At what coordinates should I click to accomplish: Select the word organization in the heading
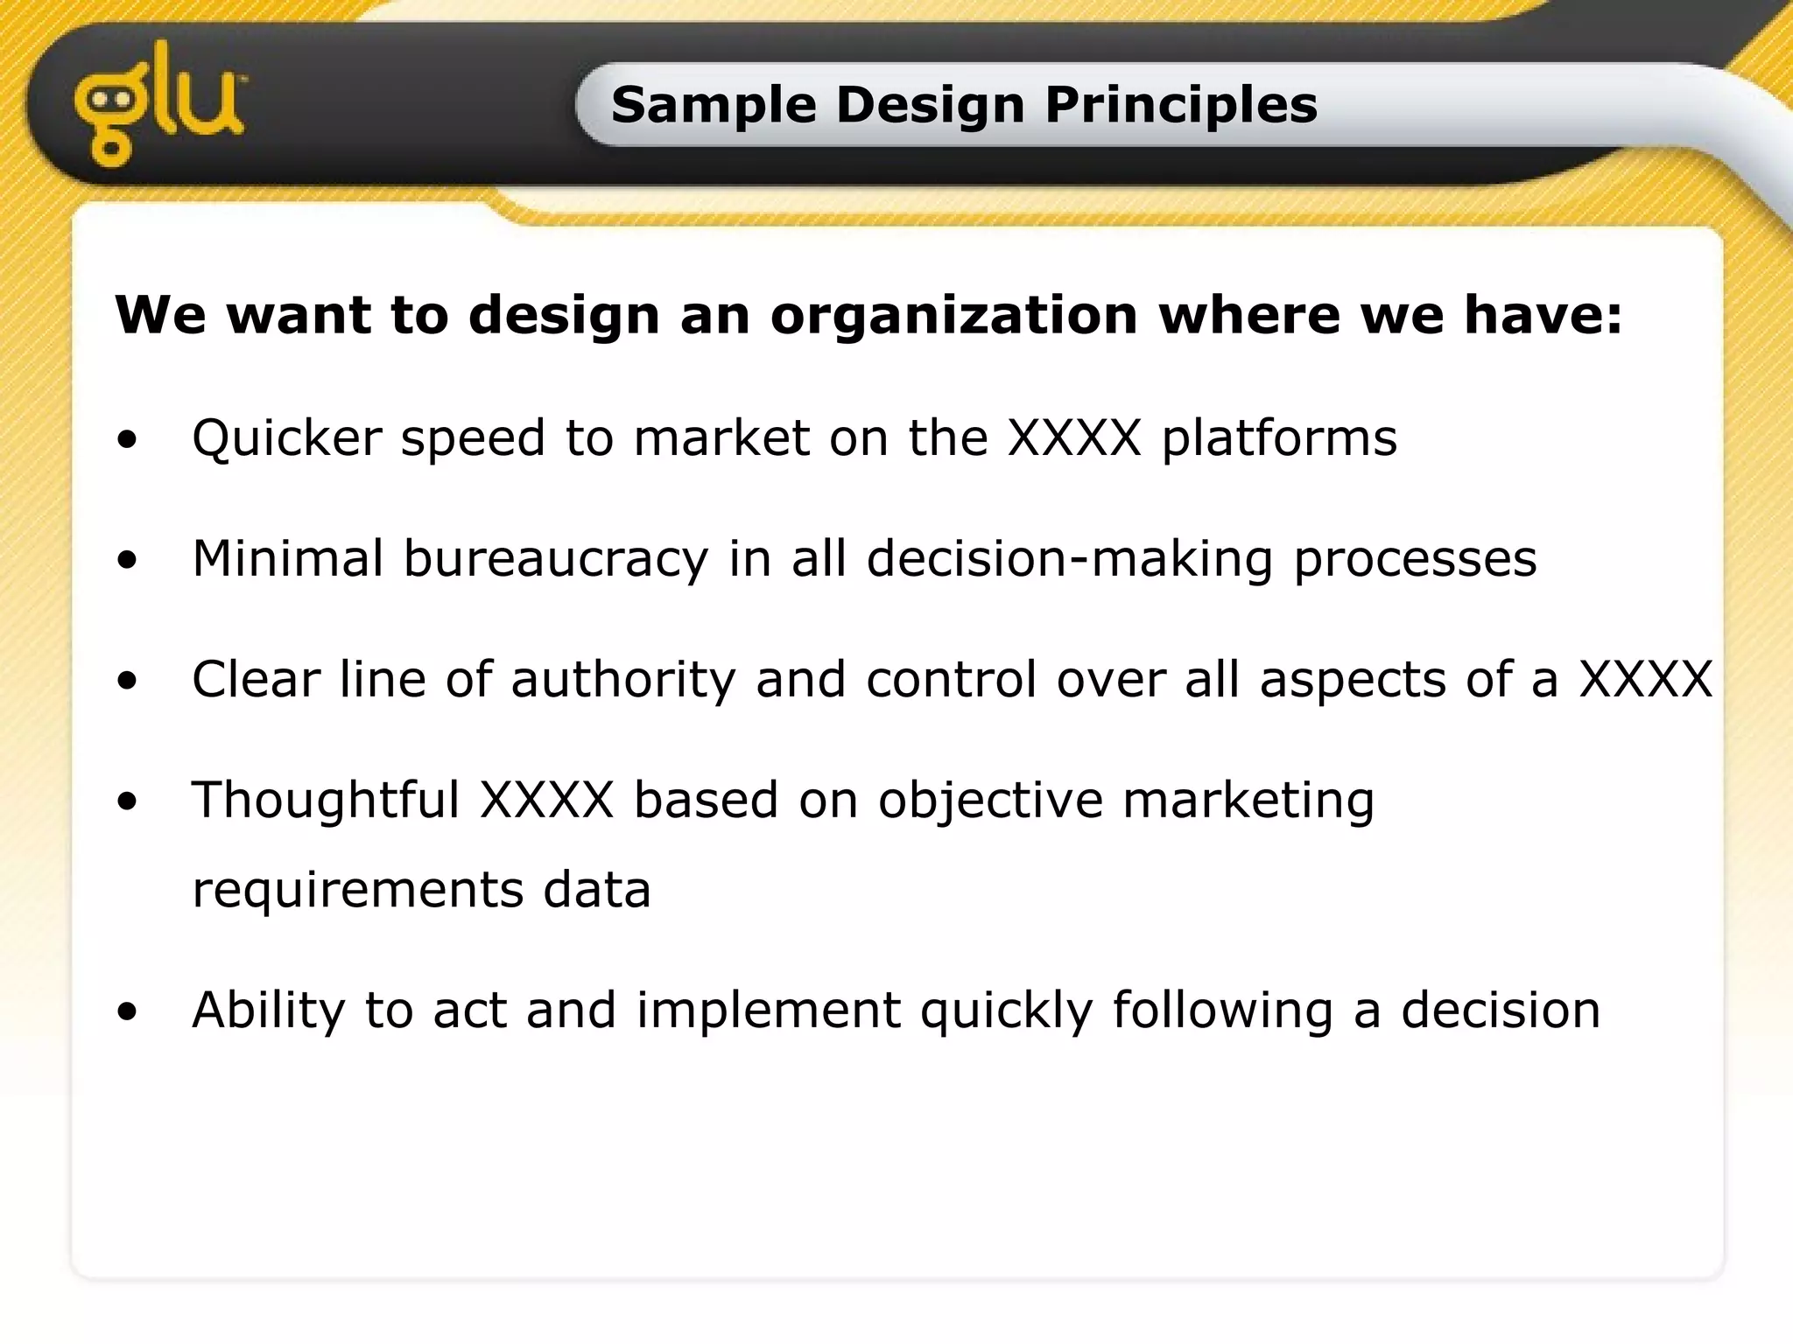(954, 314)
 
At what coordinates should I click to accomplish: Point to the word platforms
(1279, 437)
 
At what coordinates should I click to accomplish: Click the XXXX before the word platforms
(1074, 437)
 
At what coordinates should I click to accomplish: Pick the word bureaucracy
(555, 558)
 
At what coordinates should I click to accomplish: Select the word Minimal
(287, 558)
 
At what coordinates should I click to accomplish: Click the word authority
(623, 679)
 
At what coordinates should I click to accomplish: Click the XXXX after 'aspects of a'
(1645, 679)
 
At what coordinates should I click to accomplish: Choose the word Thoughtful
(326, 800)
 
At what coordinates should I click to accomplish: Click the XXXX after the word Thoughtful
(547, 800)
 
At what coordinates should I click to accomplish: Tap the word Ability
(269, 1010)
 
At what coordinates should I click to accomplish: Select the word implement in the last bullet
(769, 1010)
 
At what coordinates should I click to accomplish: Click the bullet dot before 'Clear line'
(128, 681)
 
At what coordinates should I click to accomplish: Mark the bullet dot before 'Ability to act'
(128, 1011)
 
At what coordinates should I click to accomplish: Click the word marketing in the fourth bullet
(1248, 800)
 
